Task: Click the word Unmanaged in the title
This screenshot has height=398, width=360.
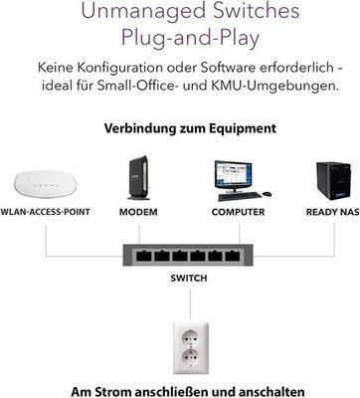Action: (143, 11)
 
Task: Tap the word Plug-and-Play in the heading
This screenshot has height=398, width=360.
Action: (190, 38)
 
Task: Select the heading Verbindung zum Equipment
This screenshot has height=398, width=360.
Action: (190, 128)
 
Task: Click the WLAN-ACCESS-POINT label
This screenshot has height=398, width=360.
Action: (45, 212)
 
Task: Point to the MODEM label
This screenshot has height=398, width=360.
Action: (138, 212)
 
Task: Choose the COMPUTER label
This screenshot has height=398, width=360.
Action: (238, 212)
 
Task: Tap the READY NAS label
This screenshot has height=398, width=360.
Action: (333, 212)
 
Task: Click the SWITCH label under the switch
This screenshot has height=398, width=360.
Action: (189, 278)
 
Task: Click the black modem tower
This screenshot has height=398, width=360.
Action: (138, 178)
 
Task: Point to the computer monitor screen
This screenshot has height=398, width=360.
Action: (234, 174)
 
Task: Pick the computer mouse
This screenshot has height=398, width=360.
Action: (267, 194)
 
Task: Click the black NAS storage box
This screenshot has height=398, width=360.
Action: (333, 181)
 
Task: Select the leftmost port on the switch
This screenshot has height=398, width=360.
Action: (144, 256)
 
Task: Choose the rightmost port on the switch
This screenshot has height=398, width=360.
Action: (233, 256)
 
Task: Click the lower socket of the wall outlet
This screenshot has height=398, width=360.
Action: (190, 357)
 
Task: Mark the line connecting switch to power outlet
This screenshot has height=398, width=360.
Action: (190, 303)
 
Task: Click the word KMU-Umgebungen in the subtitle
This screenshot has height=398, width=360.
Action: (274, 86)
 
